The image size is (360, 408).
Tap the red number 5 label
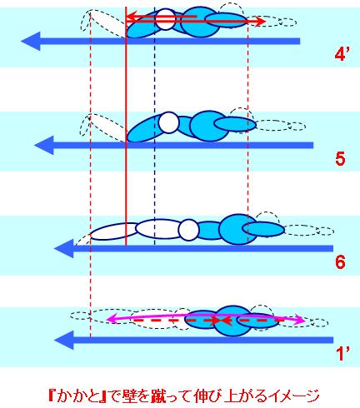click(x=340, y=159)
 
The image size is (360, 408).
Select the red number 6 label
click(x=340, y=261)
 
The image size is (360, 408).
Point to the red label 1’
click(x=342, y=354)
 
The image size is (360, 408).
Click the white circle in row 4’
click(x=166, y=19)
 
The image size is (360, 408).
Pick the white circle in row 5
click(x=168, y=122)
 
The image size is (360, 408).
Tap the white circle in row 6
click(x=189, y=230)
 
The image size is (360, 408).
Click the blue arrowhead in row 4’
click(x=31, y=42)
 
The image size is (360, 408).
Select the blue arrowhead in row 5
click(x=44, y=145)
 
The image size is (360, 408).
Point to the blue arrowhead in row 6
click(x=64, y=248)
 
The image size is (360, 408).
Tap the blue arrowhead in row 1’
click(x=64, y=340)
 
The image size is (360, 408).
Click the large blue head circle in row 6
click(x=237, y=229)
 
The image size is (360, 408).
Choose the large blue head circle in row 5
click(x=209, y=127)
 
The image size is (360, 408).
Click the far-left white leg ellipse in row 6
click(x=114, y=231)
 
